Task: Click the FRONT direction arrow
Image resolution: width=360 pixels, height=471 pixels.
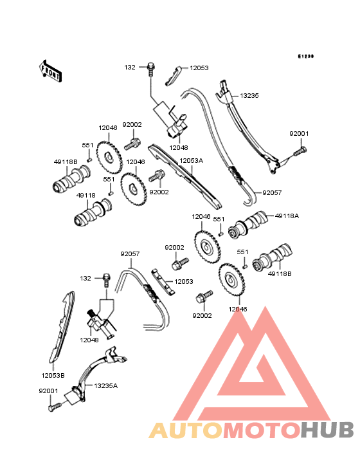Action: click(x=50, y=71)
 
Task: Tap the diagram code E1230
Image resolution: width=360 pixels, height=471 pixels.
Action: click(x=306, y=56)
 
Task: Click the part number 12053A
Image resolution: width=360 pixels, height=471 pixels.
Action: click(x=191, y=161)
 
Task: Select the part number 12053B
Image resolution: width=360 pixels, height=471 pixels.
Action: click(x=53, y=376)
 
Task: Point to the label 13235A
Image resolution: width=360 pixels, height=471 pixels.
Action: click(x=106, y=385)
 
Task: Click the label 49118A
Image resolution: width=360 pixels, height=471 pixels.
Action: click(x=287, y=216)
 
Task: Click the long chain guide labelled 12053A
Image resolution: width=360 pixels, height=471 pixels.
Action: click(x=184, y=176)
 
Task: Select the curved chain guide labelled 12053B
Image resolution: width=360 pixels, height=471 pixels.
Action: click(x=62, y=327)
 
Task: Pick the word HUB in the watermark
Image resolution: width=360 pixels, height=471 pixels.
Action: click(x=328, y=430)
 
